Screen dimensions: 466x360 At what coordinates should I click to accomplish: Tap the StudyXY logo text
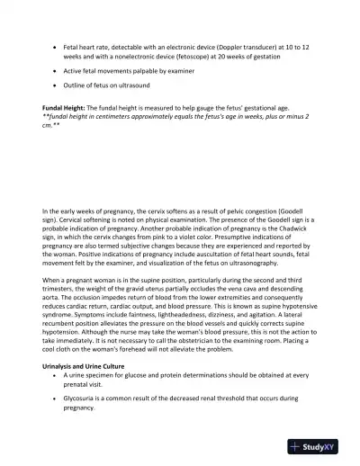(x=321, y=446)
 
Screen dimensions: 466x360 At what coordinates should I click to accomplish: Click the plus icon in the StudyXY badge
(x=295, y=446)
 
